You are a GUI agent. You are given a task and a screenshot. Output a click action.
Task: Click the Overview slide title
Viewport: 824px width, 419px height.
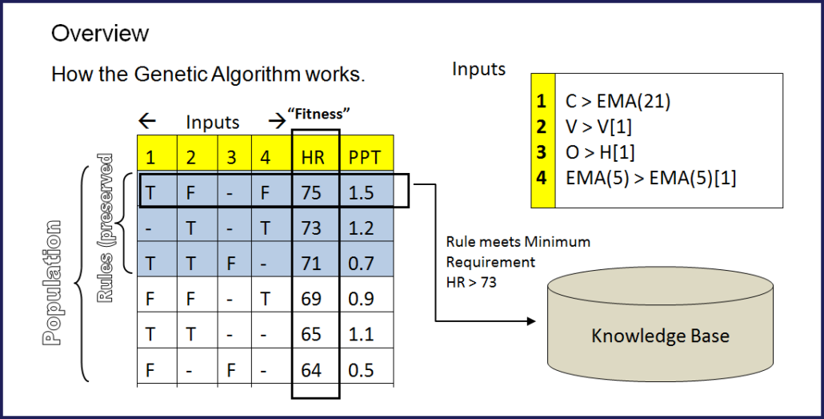coord(100,33)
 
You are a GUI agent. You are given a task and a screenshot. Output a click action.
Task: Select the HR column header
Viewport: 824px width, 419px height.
coord(314,158)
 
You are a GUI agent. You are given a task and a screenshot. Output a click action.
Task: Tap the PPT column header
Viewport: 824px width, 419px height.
coord(364,158)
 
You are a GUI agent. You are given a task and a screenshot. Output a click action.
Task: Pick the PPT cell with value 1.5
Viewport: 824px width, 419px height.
coord(362,193)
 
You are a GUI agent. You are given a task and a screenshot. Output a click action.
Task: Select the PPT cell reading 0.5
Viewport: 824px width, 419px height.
coord(362,369)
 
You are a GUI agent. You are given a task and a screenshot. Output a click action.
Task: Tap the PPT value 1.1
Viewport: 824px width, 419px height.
coord(362,334)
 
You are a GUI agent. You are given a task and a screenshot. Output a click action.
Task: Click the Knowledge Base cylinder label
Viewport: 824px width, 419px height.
coord(660,336)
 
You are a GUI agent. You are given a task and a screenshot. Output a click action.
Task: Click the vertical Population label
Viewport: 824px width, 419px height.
coord(53,280)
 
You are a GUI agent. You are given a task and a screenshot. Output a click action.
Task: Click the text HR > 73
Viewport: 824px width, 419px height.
coord(471,281)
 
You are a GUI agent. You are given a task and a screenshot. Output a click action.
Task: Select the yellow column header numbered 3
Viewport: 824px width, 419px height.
coord(232,158)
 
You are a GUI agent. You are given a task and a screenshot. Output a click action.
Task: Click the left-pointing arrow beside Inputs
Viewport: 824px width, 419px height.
coord(147,123)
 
